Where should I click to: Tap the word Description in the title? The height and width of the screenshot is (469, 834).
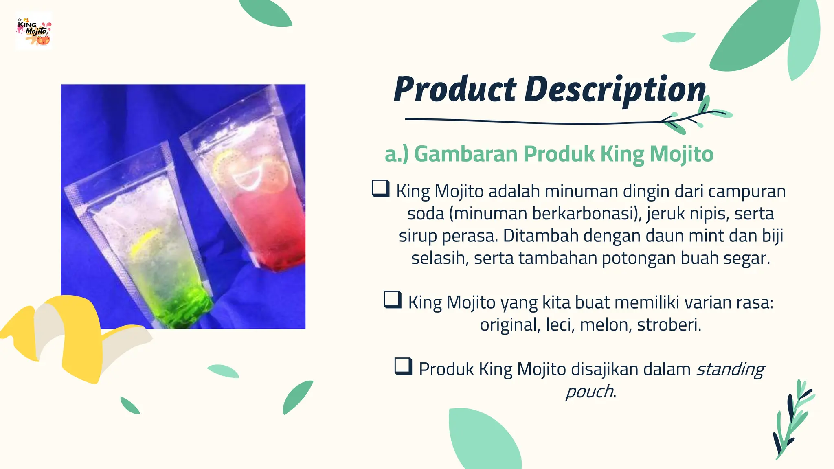[x=615, y=90]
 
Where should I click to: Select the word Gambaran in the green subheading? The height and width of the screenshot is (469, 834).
[x=466, y=154]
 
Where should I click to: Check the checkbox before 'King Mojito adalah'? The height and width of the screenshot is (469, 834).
[x=381, y=188]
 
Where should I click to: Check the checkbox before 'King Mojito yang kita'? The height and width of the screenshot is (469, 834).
[x=393, y=300]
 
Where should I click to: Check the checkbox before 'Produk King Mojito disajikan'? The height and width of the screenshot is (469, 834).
[x=403, y=366]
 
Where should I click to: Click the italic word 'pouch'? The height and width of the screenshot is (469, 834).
[x=590, y=392]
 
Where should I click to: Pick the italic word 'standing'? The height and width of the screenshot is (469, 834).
[x=731, y=369]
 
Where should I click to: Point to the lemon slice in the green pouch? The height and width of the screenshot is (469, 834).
[x=145, y=242]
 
